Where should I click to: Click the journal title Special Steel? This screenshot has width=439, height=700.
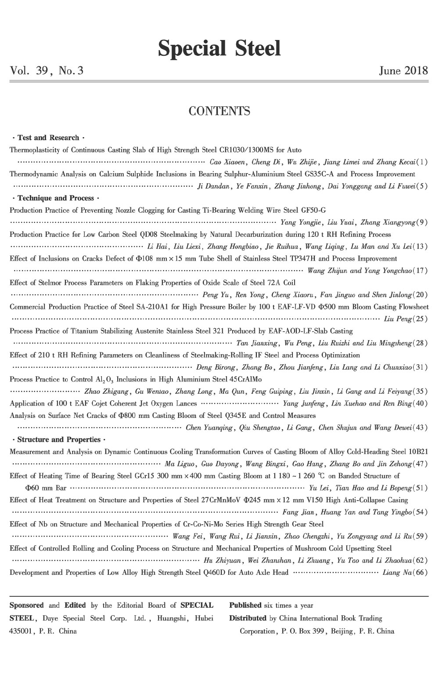(x=219, y=48)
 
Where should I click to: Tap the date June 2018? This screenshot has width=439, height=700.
(x=403, y=71)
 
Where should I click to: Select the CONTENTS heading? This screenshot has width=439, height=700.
(x=219, y=111)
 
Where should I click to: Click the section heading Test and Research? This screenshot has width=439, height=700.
(x=48, y=138)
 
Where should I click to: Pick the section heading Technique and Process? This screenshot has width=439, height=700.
(x=56, y=198)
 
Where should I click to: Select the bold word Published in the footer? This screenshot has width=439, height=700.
(x=245, y=606)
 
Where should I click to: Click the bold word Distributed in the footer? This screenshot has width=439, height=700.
(x=248, y=618)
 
